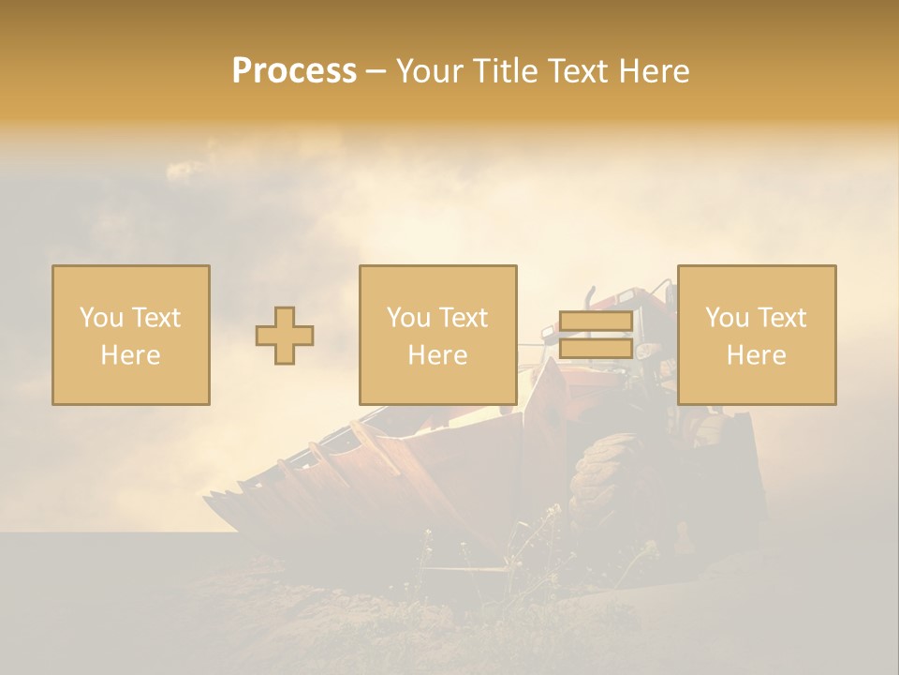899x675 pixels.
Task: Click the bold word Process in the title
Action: (x=294, y=71)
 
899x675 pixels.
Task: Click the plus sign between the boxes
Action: (x=285, y=336)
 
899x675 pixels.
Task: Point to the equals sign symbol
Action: (x=596, y=336)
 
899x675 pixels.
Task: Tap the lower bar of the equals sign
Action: (x=596, y=349)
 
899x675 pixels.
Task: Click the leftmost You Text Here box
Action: (x=131, y=335)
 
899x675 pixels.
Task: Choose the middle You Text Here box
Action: (x=438, y=335)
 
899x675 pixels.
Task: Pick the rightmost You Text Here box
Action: (x=757, y=335)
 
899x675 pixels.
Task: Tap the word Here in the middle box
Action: (x=438, y=355)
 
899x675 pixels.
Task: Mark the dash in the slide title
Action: (x=376, y=72)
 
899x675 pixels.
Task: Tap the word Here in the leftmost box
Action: (x=131, y=355)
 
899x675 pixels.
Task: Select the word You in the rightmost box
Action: (x=727, y=318)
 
